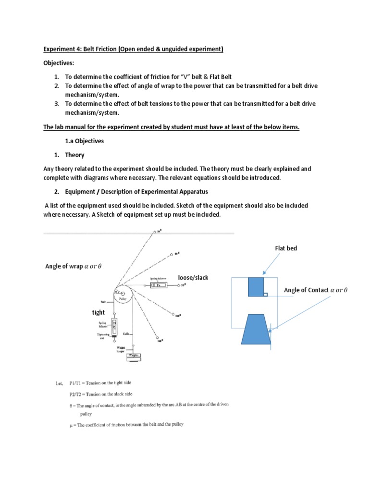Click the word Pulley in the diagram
pos(122,299)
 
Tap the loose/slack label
pos(193,278)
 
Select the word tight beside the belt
pos(98,312)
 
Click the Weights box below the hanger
pos(134,356)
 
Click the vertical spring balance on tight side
pos(115,326)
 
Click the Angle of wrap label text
pos(74,267)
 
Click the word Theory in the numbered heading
pos(74,155)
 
